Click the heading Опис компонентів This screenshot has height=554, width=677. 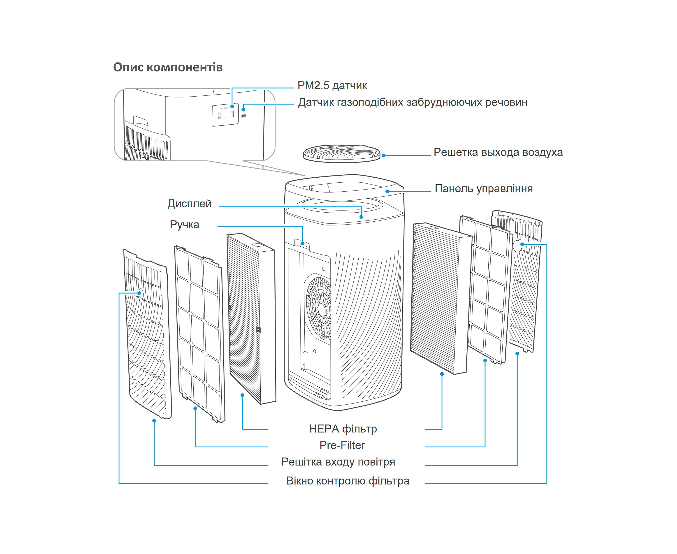click(x=168, y=67)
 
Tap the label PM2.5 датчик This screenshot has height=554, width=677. click(x=332, y=86)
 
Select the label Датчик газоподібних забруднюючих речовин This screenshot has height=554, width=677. click(x=412, y=102)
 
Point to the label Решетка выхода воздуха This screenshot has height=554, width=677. click(x=498, y=152)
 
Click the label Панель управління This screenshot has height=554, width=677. click(x=484, y=189)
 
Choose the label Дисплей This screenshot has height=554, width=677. click(x=190, y=204)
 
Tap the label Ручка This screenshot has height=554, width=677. click(x=185, y=225)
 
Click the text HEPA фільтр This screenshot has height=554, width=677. click(x=343, y=429)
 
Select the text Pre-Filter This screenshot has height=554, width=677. click(x=342, y=445)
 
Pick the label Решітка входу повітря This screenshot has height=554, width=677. click(x=338, y=462)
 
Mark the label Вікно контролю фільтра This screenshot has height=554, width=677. click(x=348, y=481)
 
